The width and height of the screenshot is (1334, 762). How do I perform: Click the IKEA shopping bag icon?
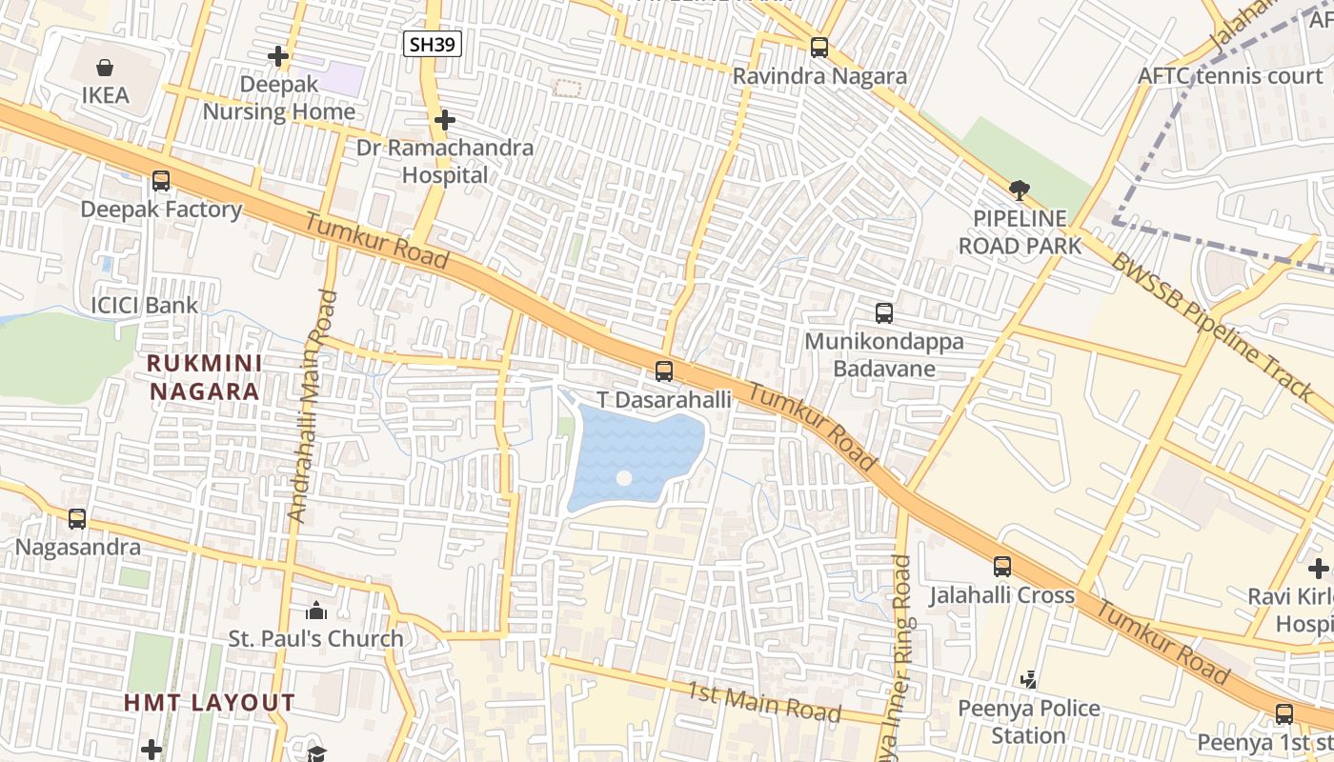coord(105,68)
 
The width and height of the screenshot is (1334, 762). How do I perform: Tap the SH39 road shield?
coord(433,44)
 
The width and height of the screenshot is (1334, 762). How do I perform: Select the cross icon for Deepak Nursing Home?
coord(278,57)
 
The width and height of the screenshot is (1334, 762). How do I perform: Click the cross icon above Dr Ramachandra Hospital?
coord(444,120)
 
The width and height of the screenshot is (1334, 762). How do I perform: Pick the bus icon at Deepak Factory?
coord(161,181)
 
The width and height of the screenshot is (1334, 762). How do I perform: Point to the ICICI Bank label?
coord(144,306)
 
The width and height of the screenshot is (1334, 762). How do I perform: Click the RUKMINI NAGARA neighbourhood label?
coord(204,377)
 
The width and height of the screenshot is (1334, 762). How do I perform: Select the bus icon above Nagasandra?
coord(77,519)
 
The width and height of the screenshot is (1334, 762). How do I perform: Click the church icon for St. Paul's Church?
coord(316,610)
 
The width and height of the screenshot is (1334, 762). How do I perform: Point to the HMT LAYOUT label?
coord(210,703)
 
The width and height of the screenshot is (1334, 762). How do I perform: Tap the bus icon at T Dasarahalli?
coord(664,371)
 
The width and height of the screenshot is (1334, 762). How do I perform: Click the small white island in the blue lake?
coord(624,478)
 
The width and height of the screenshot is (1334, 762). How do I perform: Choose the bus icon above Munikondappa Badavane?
coord(884,312)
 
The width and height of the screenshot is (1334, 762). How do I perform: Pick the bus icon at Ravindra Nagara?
coord(819,47)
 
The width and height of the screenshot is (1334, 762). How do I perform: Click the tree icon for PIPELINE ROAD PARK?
coord(1020,190)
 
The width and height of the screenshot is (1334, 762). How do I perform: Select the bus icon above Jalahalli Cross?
coord(1002,567)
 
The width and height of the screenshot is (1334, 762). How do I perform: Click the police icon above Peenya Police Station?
coord(1029,680)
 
